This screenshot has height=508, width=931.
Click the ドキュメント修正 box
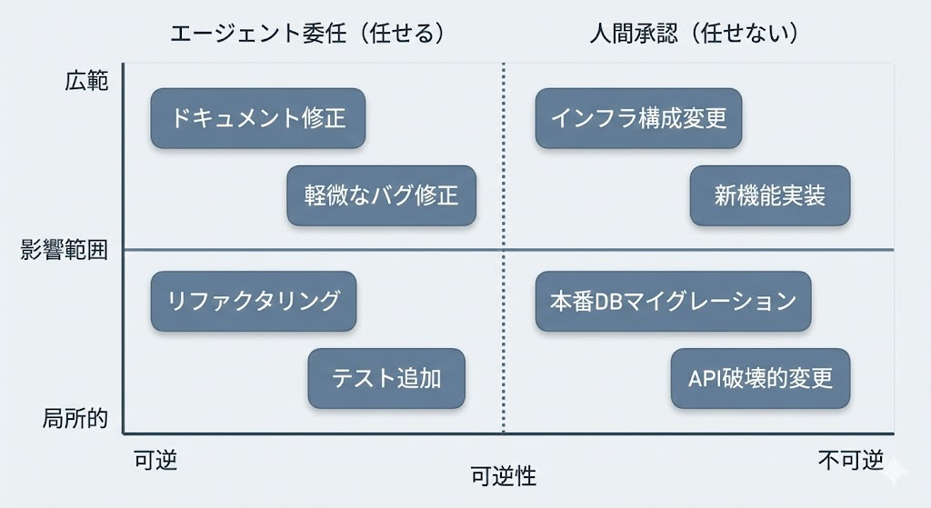click(258, 118)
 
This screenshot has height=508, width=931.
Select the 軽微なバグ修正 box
click(381, 195)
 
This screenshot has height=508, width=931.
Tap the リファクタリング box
click(254, 301)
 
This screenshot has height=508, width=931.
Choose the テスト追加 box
click(386, 378)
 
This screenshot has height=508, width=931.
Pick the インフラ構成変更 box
click(638, 118)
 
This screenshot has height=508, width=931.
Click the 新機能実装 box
click(769, 195)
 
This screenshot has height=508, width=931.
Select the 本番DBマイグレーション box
click(673, 301)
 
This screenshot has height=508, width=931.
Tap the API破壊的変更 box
click(760, 378)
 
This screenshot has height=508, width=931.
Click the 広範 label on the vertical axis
click(86, 81)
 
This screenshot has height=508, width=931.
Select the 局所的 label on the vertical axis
click(75, 419)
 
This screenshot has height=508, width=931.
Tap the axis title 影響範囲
click(65, 250)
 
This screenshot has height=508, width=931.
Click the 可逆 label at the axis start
click(155, 460)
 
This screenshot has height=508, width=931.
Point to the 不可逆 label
click(850, 460)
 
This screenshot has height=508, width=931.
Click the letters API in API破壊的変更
click(704, 378)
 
